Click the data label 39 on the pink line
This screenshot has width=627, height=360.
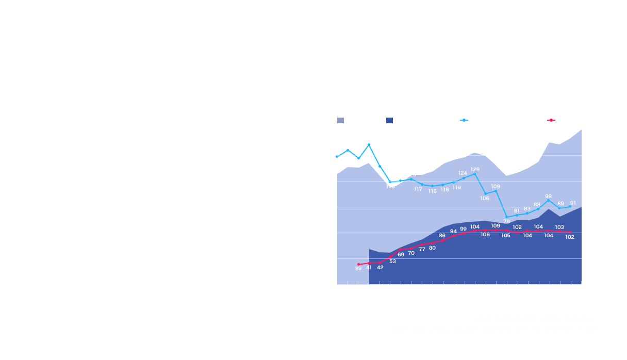click(358, 269)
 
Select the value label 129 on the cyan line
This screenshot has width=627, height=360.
click(475, 169)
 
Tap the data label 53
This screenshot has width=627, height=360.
click(392, 261)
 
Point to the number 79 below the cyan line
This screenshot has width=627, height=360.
click(506, 221)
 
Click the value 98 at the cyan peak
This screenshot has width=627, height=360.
click(549, 197)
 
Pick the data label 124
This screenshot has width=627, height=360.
click(463, 173)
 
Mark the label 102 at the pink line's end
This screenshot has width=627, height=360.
click(570, 237)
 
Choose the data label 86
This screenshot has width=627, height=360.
click(442, 236)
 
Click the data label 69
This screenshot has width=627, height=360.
click(401, 254)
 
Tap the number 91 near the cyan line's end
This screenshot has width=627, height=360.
click(573, 203)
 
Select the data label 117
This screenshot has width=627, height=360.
click(418, 189)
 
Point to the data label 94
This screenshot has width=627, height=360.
click(453, 232)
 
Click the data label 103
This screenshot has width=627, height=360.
click(559, 227)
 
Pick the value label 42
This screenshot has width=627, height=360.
click(380, 267)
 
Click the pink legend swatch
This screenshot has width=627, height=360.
click(551, 120)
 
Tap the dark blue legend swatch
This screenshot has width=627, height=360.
click(389, 120)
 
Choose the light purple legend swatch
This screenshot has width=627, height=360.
click(340, 120)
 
